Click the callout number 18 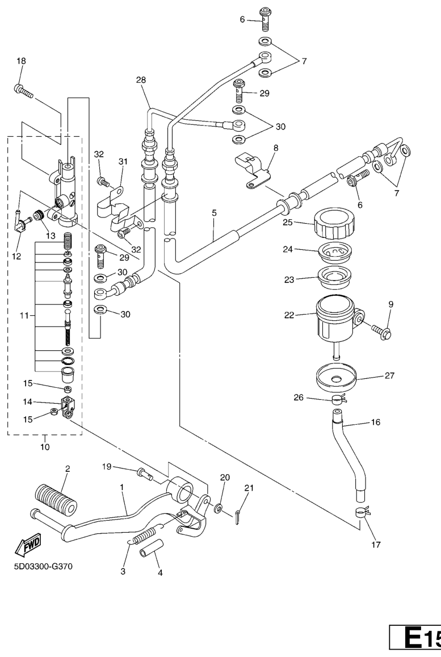(22, 61)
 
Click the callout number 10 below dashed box (44, 447)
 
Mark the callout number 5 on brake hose (214, 214)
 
